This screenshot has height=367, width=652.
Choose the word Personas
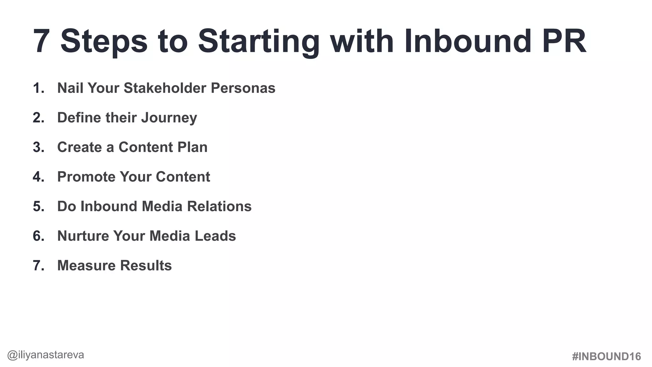(243, 88)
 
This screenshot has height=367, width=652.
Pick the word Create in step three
(79, 147)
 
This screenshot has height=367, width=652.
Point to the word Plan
(192, 147)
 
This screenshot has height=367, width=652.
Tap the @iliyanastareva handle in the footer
(46, 355)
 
